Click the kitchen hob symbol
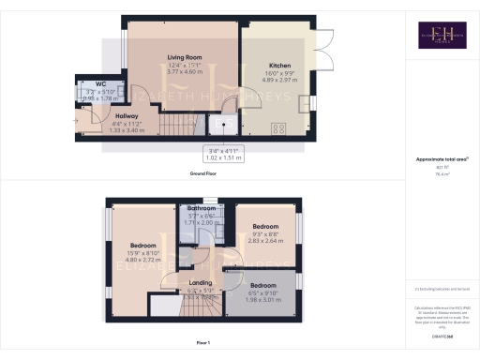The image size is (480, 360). pos(278,128)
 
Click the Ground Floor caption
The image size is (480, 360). pos(203,174)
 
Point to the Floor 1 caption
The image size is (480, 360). pos(203,344)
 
